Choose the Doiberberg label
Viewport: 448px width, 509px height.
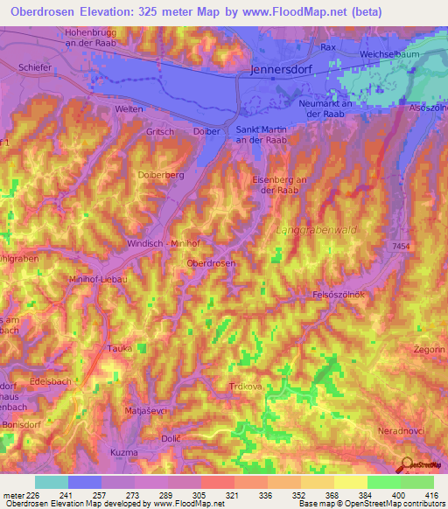click(162, 175)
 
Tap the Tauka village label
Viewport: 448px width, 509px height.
click(120, 347)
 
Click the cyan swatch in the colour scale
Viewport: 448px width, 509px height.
click(51, 482)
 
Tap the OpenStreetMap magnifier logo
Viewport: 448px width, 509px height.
click(405, 464)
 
